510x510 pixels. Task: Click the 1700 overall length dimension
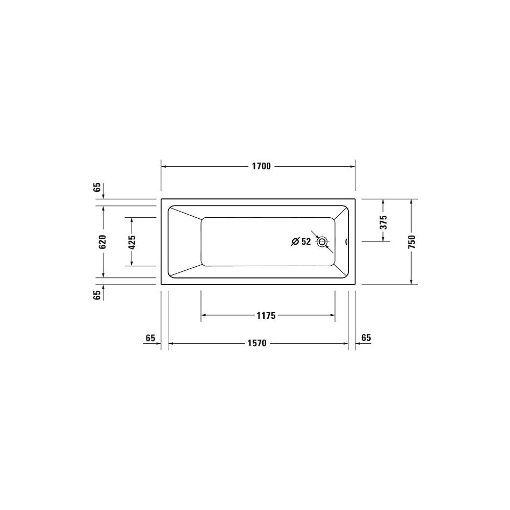point(261,166)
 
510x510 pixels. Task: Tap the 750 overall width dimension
point(412,242)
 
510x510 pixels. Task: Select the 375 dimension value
point(384,222)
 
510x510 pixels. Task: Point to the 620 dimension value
point(103,242)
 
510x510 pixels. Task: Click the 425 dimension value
point(132,242)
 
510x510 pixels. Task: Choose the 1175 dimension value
point(266,316)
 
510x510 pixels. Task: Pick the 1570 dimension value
point(257,343)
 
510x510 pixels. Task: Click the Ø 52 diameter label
point(301,241)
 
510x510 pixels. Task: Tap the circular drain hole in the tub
point(322,242)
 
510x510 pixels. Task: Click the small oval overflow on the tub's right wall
point(345,242)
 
